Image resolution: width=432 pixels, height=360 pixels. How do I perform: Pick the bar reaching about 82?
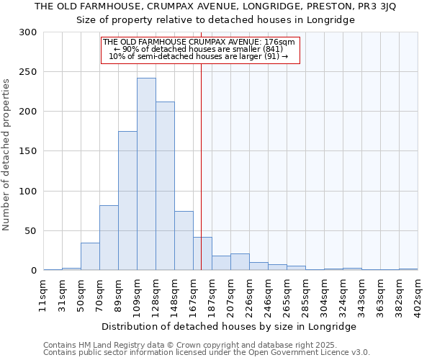pos(109,238)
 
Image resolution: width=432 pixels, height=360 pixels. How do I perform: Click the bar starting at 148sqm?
pos(184,240)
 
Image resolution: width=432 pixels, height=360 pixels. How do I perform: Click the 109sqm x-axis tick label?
pos(138,292)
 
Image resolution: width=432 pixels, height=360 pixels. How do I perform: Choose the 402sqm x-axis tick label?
pos(418,292)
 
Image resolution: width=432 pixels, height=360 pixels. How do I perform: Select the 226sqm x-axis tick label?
pos(250,292)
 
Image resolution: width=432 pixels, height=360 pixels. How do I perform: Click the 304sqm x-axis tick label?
pos(325,292)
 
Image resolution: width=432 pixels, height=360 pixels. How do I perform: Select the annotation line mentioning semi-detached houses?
pos(199,56)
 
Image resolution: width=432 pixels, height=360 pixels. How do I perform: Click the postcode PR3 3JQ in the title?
pos(370,6)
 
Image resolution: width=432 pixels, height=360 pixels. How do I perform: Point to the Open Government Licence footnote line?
pos(207,353)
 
